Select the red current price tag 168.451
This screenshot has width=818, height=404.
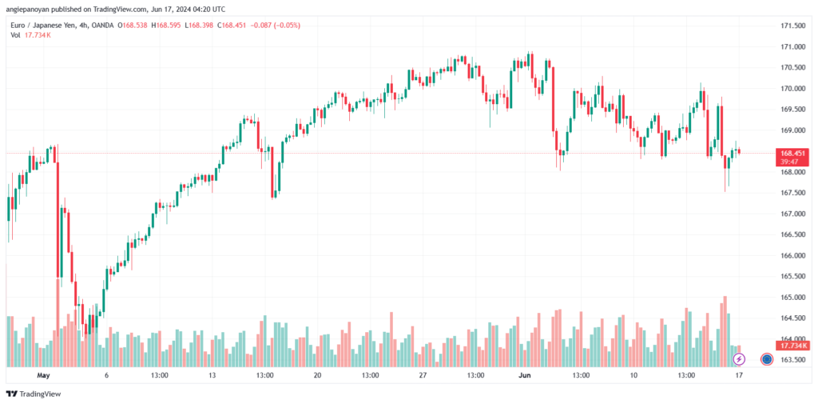(x=793, y=153)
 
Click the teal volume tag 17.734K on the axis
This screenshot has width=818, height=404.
(x=794, y=346)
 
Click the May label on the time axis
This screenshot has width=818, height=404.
(x=43, y=374)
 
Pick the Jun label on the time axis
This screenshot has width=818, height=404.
(x=525, y=374)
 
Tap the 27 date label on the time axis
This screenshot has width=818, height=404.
(x=423, y=374)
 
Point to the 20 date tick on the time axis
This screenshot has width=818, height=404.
(x=317, y=374)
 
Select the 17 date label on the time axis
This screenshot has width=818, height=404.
(x=739, y=374)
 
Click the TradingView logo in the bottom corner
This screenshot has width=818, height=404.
(x=34, y=394)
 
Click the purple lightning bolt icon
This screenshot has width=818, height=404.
(x=739, y=359)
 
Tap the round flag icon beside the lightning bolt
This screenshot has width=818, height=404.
(x=766, y=359)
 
